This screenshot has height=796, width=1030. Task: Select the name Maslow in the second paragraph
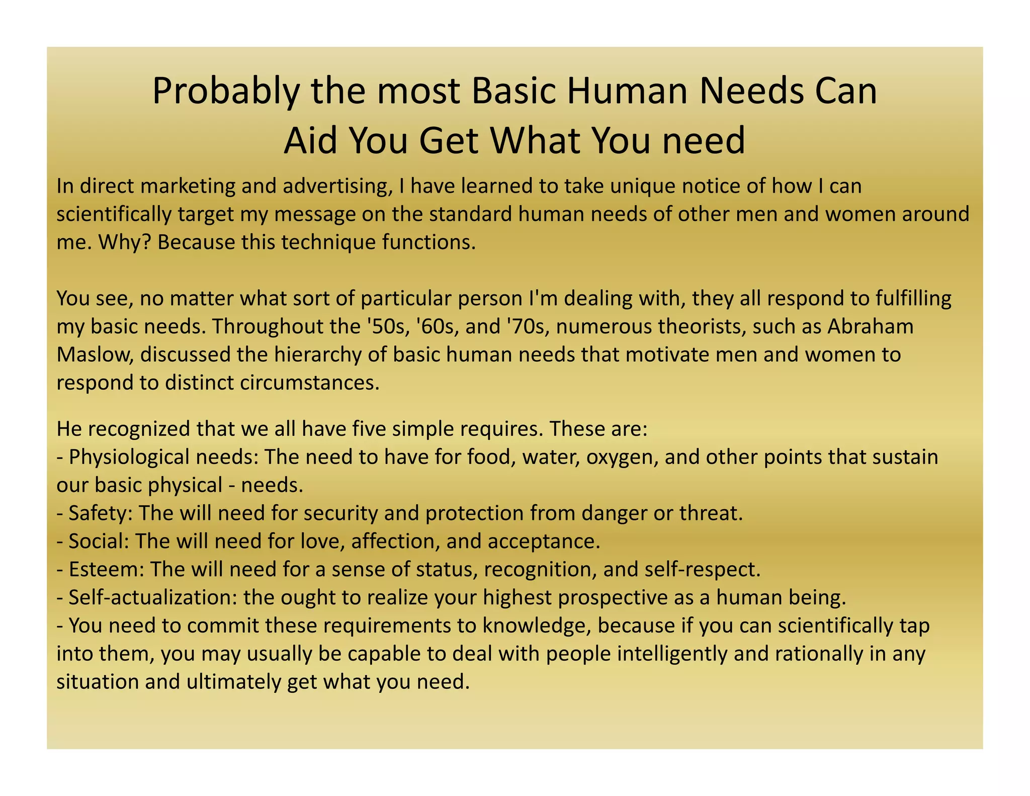[95, 355]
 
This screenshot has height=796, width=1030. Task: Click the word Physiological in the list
[128, 457]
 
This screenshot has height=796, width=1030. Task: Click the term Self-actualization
[153, 598]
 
